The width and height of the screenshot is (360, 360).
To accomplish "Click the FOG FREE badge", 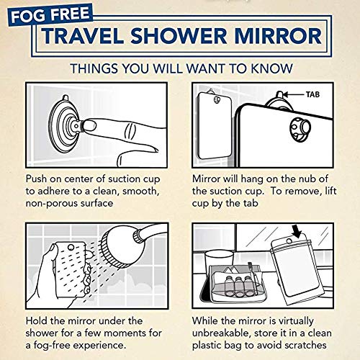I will pos(40,14).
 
